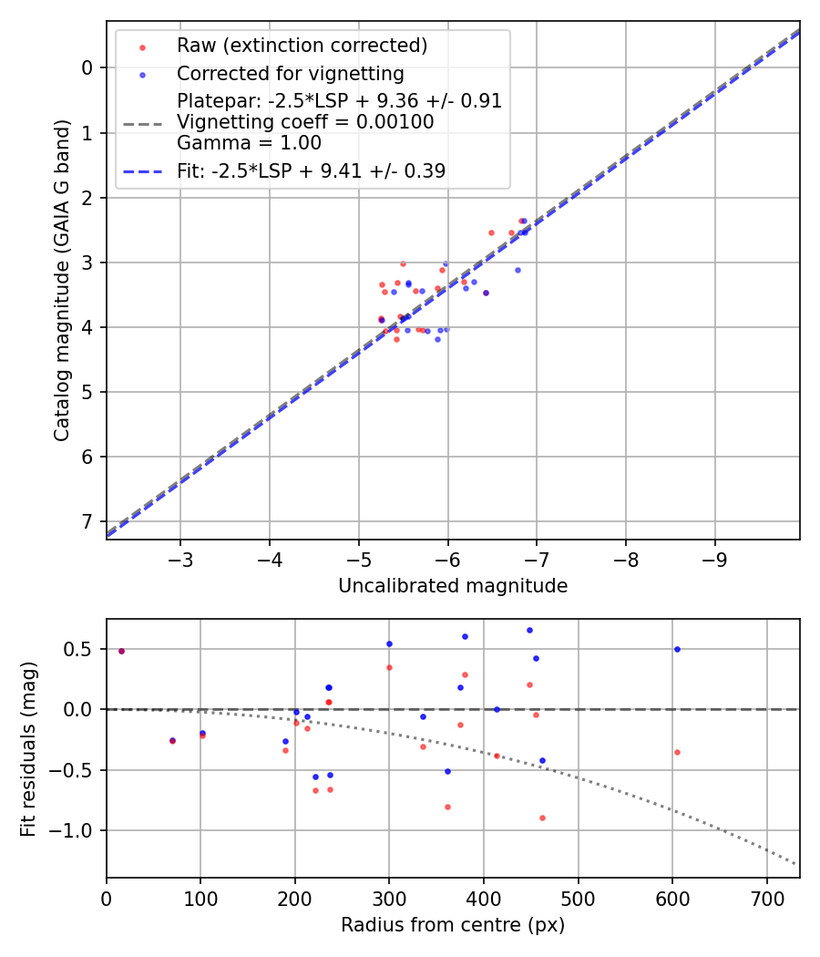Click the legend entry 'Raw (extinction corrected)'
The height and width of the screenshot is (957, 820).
pos(302,46)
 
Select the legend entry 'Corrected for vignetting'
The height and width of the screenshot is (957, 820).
pos(290,74)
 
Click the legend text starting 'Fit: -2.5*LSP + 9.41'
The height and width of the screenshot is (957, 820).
pos(311,170)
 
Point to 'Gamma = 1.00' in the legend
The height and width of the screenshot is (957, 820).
pos(249,142)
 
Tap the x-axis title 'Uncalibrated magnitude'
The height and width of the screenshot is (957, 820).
pos(453,586)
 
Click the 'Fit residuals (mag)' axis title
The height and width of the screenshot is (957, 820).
pos(29,748)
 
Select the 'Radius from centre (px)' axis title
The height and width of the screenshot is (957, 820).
pos(453,925)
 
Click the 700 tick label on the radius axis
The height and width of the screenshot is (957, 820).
pos(766,898)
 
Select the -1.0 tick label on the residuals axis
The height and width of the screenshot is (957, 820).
pos(77,830)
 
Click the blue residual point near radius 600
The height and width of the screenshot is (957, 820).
pos(677,649)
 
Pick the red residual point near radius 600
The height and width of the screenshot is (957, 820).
pos(677,752)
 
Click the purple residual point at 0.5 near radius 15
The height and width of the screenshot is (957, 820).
pos(121,651)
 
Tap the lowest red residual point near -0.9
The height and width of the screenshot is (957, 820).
pos(542,818)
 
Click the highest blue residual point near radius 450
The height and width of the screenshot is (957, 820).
pos(529,630)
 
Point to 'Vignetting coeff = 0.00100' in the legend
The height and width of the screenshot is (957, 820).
pos(305,122)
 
